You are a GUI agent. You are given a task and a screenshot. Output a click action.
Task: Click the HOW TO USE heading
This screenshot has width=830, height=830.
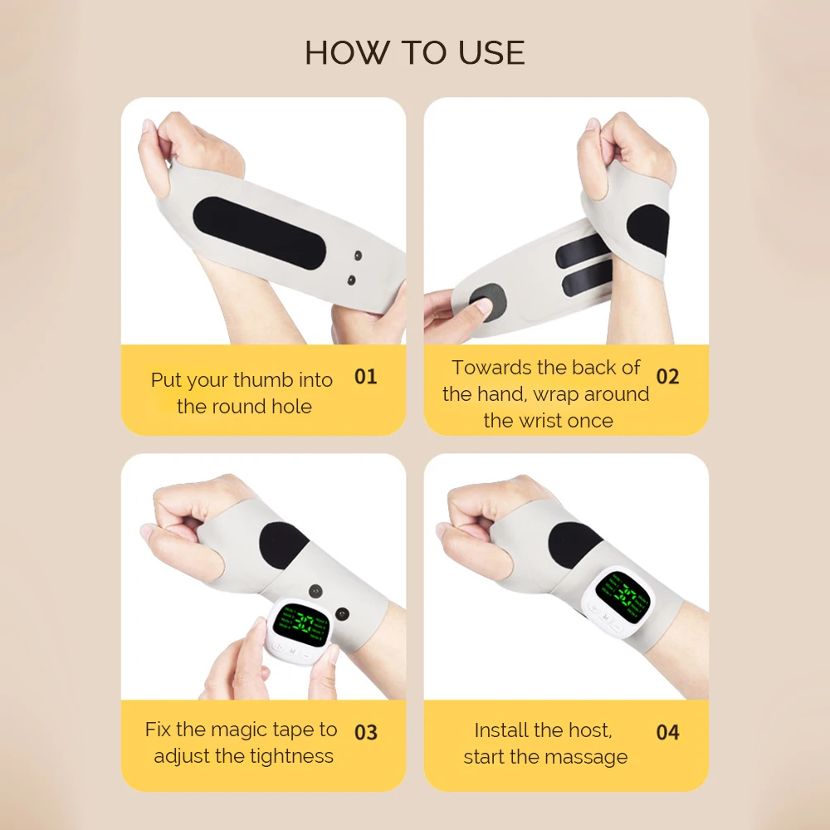414,52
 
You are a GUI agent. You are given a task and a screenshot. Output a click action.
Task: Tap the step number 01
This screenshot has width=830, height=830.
365,376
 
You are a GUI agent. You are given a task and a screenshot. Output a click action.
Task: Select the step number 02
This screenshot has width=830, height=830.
667,376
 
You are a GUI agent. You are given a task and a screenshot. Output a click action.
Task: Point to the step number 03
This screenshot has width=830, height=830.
365,732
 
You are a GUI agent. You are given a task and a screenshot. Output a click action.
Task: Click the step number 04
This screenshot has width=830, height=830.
667,732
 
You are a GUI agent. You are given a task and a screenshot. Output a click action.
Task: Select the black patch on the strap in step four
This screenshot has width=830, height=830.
574,545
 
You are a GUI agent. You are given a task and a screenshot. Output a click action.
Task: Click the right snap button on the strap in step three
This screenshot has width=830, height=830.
341,613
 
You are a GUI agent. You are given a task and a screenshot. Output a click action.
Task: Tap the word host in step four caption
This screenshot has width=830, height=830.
591,730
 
